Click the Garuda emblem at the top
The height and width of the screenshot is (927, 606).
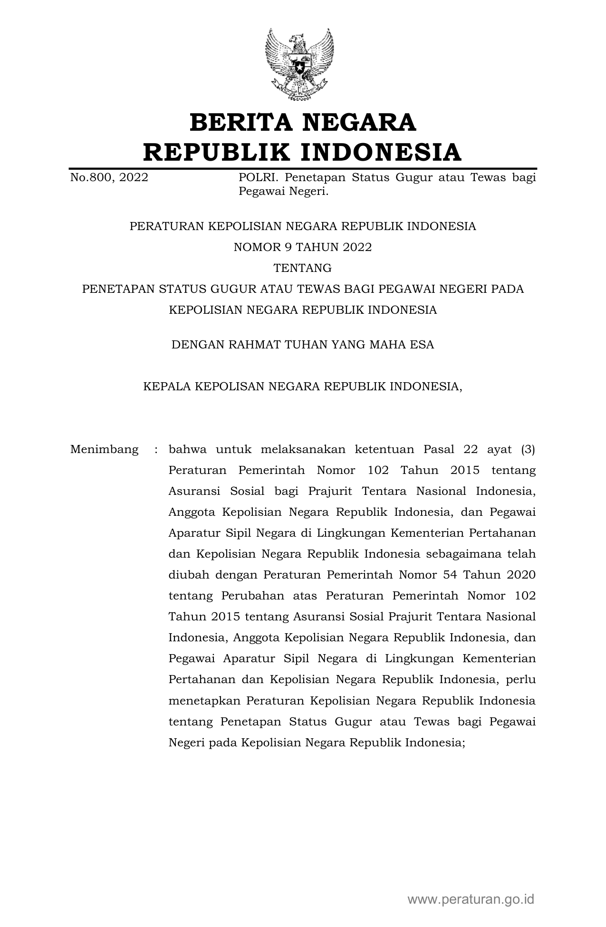[299, 64]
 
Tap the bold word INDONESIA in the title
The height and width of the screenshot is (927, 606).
[381, 152]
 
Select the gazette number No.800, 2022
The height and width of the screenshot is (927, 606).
[109, 178]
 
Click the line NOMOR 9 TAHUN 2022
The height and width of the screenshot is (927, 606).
[303, 247]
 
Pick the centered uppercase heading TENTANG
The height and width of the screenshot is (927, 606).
[303, 268]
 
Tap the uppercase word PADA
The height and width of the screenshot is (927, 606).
[508, 289]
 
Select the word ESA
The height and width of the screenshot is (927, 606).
[423, 345]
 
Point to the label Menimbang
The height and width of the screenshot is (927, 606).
[105, 449]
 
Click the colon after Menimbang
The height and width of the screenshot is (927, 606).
[155, 449]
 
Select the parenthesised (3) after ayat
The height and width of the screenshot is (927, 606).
[528, 449]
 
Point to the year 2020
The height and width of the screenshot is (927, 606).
[521, 575]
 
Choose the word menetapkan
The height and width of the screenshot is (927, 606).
[204, 701]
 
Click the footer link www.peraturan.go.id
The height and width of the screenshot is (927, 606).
[471, 899]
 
